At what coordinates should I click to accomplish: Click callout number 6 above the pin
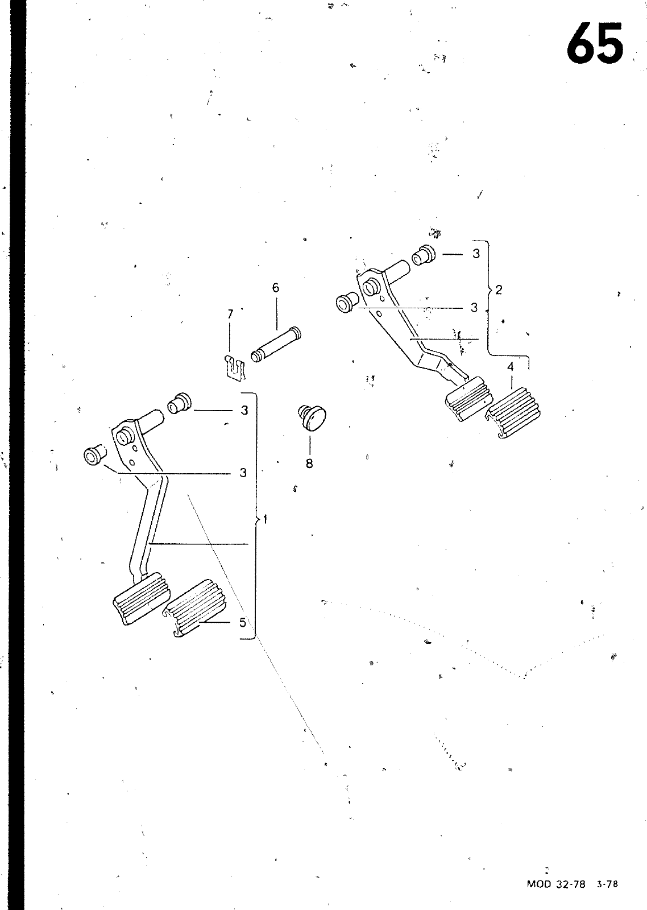(x=276, y=288)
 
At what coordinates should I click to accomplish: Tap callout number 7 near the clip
(x=230, y=314)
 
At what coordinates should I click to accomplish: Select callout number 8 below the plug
(x=309, y=464)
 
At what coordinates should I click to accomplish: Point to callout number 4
(x=511, y=367)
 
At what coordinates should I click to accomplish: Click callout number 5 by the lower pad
(x=243, y=622)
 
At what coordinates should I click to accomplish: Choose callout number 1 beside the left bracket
(x=265, y=519)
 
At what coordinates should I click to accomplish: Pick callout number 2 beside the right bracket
(x=499, y=290)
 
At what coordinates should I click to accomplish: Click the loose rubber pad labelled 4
(x=513, y=412)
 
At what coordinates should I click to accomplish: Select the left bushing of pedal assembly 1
(x=92, y=455)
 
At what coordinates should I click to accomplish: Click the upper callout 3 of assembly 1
(x=244, y=410)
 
